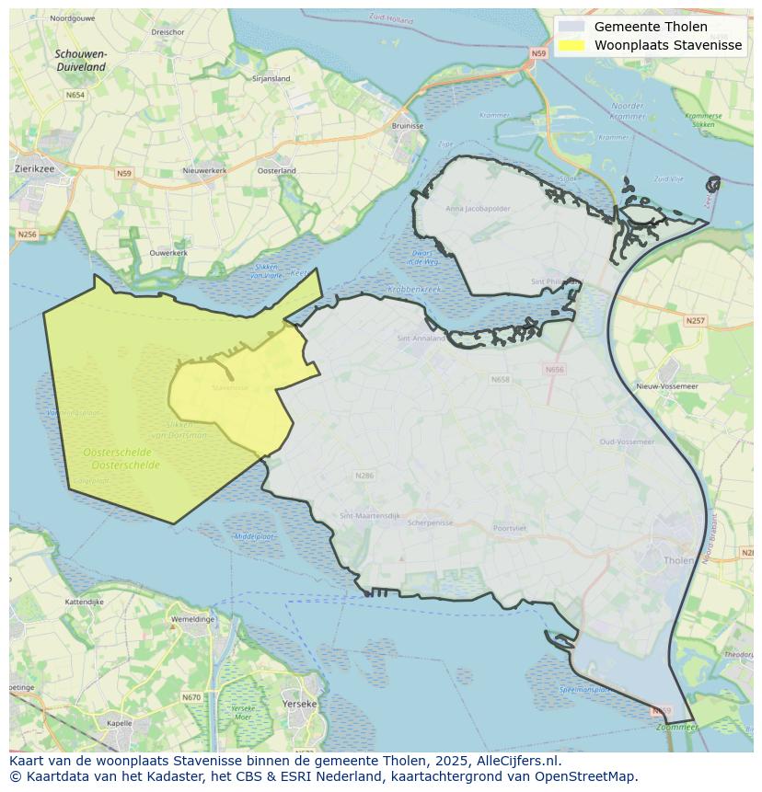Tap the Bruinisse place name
point(408,125)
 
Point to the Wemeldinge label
point(192,619)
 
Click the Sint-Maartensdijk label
point(370,516)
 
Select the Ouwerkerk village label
point(168,252)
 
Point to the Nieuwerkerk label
point(204,170)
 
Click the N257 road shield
point(695,320)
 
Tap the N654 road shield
point(75,95)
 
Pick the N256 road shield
point(27,235)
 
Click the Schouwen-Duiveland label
point(81,61)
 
